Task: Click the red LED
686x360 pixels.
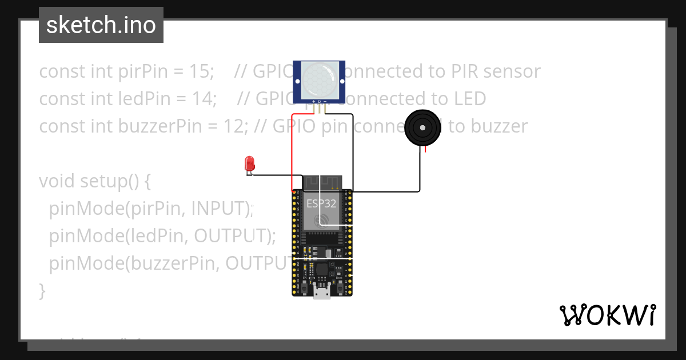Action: (249, 164)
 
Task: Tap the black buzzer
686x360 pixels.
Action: (424, 129)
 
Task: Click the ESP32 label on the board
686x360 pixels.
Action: (321, 203)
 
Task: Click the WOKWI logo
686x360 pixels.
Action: (607, 315)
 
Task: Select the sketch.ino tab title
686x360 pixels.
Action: (101, 25)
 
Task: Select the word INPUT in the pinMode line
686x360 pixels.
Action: (220, 209)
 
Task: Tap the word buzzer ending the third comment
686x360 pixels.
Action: (497, 126)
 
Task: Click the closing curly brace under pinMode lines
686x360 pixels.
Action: (42, 291)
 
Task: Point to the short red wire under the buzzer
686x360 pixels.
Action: (425, 149)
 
